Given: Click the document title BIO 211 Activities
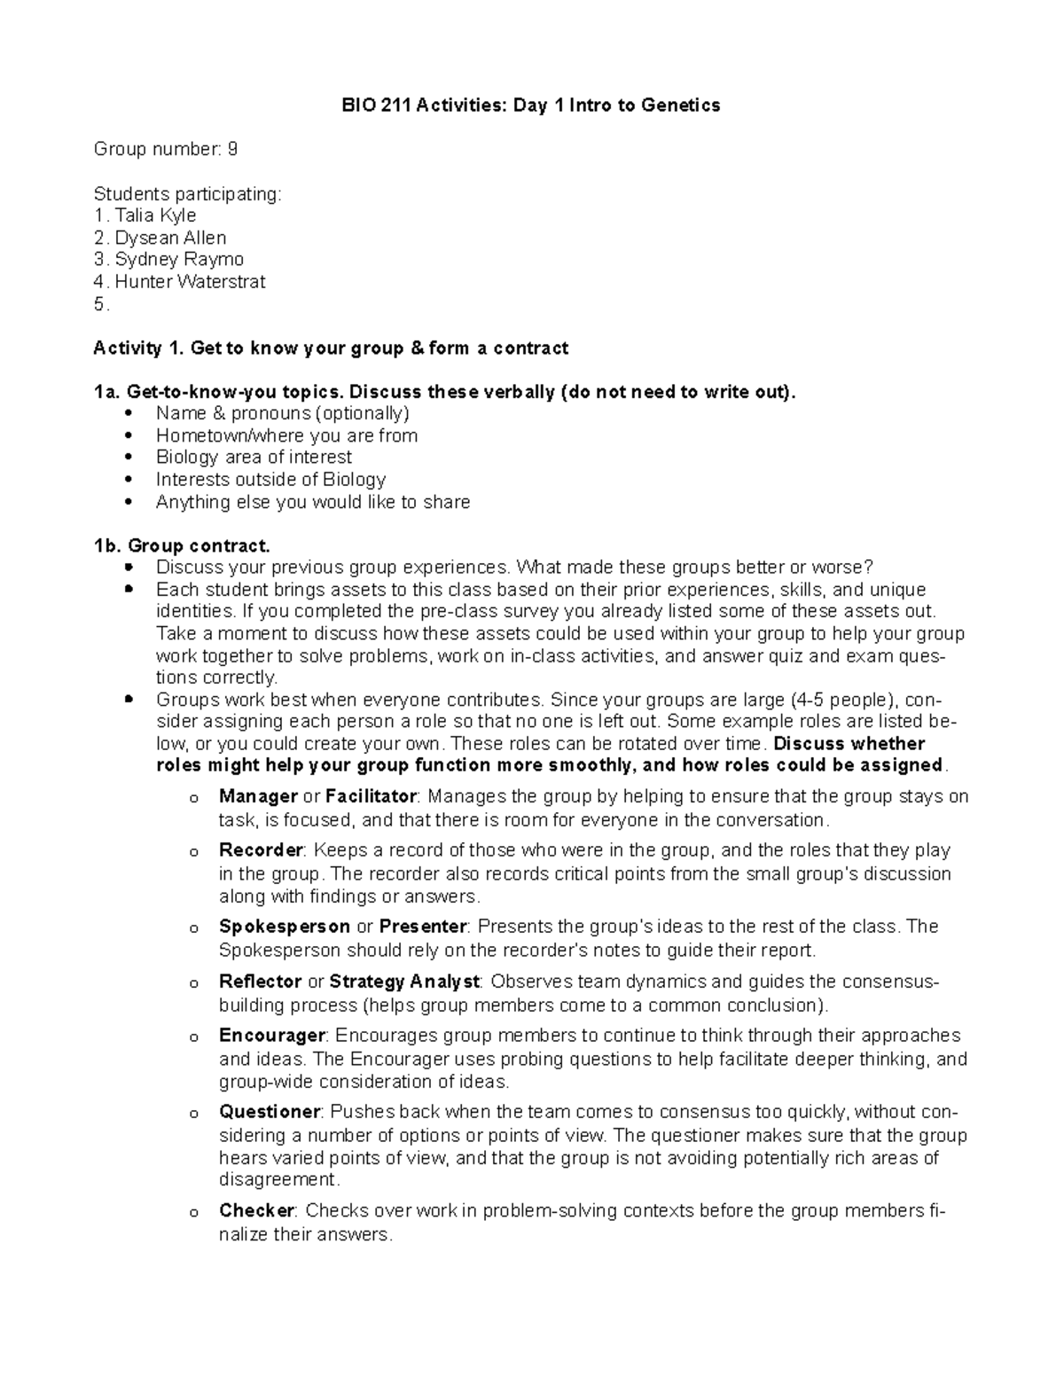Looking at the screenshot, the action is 530,106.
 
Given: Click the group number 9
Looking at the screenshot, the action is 232,149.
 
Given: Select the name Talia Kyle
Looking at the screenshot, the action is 155,215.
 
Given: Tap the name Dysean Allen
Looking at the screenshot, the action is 170,238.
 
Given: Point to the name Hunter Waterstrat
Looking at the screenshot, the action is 190,281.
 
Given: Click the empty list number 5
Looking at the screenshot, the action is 100,304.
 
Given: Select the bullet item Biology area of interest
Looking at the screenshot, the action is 254,457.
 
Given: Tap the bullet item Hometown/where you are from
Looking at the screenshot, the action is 286,435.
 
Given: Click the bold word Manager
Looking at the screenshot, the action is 258,796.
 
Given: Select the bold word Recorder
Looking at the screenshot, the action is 261,850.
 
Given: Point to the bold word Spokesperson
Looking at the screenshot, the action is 284,927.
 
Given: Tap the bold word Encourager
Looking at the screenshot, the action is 272,1036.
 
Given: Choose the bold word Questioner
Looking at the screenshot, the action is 269,1112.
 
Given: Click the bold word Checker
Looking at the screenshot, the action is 256,1210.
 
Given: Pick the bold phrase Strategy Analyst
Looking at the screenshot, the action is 404,982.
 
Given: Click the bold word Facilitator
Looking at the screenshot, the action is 371,796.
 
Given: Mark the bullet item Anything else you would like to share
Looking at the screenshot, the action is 313,502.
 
